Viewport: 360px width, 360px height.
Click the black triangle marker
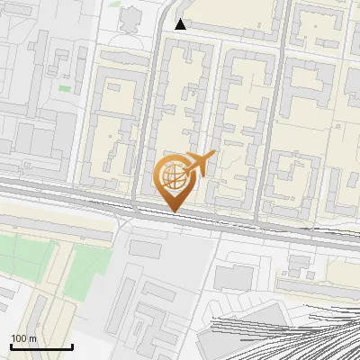181,24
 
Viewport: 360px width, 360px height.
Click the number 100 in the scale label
19,338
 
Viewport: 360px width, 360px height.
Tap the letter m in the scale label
32,338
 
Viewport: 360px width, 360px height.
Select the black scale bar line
41,346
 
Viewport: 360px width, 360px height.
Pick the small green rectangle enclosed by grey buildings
65,88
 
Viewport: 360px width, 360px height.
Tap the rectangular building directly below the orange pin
145,247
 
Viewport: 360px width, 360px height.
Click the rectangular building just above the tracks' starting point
234,278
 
